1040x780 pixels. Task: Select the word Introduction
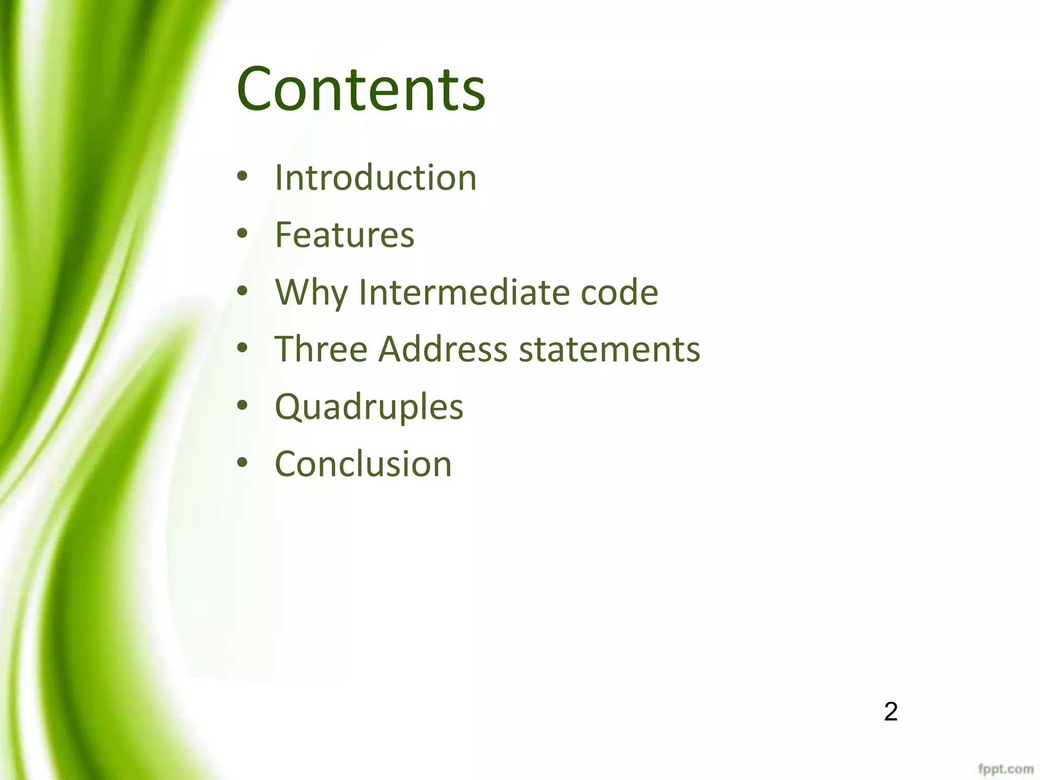[376, 178]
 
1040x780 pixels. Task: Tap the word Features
[345, 235]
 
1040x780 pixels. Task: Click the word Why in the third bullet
[311, 293]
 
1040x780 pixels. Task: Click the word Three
[321, 349]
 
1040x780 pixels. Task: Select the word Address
[442, 349]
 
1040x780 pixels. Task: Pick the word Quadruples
[369, 407]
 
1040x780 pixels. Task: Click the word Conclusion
[363, 464]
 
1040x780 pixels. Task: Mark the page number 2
[890, 711]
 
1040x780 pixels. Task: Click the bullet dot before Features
[243, 234]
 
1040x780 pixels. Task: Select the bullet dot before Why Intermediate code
[243, 291]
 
